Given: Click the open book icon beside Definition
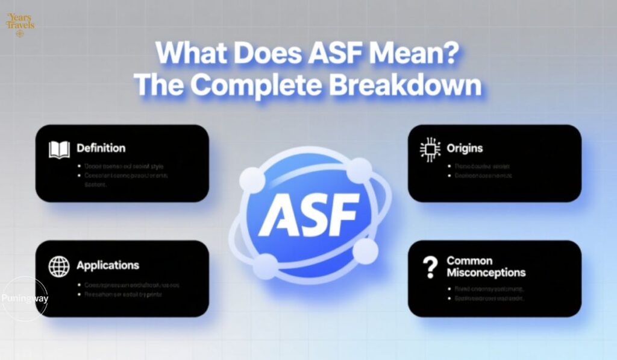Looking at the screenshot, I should pos(59,150).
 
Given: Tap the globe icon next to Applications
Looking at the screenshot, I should pos(59,267).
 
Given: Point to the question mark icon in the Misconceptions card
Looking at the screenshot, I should pos(430,267).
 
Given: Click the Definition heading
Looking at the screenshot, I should pos(101,148).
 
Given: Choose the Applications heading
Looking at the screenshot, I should pos(108,265).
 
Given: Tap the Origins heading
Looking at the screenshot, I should pos(465,148).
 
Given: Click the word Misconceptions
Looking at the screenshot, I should pos(486,273).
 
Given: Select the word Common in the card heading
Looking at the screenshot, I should pos(469,261).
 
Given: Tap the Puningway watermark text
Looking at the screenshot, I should pos(25,298).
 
